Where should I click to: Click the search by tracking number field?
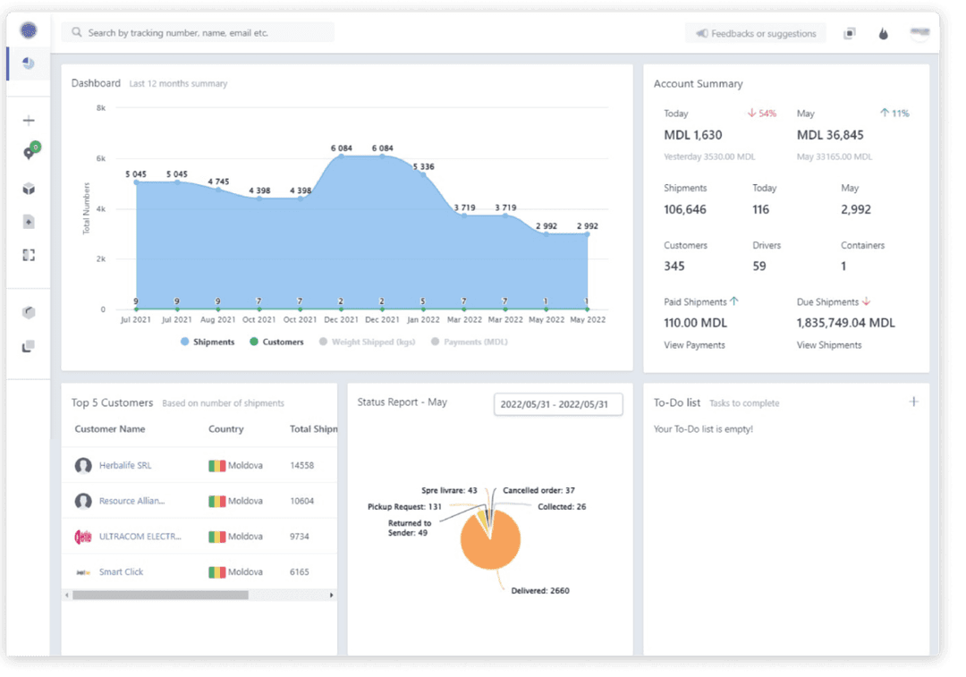pyautogui.click(x=197, y=33)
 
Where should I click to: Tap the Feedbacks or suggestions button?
pyautogui.click(x=756, y=34)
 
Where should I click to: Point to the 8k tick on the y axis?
pyautogui.click(x=101, y=107)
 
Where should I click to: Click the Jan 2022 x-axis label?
pyautogui.click(x=424, y=319)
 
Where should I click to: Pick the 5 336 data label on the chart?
pyautogui.click(x=423, y=166)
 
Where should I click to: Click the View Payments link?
pyautogui.click(x=694, y=345)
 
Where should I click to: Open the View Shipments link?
pyautogui.click(x=829, y=345)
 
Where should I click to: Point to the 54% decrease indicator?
pyautogui.click(x=762, y=114)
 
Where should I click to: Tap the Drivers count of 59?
pyautogui.click(x=759, y=266)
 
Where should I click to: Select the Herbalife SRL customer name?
pyautogui.click(x=125, y=466)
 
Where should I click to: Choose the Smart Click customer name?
pyautogui.click(x=121, y=571)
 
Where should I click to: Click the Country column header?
pyautogui.click(x=225, y=429)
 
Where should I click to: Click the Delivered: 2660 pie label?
pyautogui.click(x=539, y=590)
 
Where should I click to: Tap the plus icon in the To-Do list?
pyautogui.click(x=913, y=402)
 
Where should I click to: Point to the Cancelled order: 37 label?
pyautogui.click(x=538, y=490)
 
